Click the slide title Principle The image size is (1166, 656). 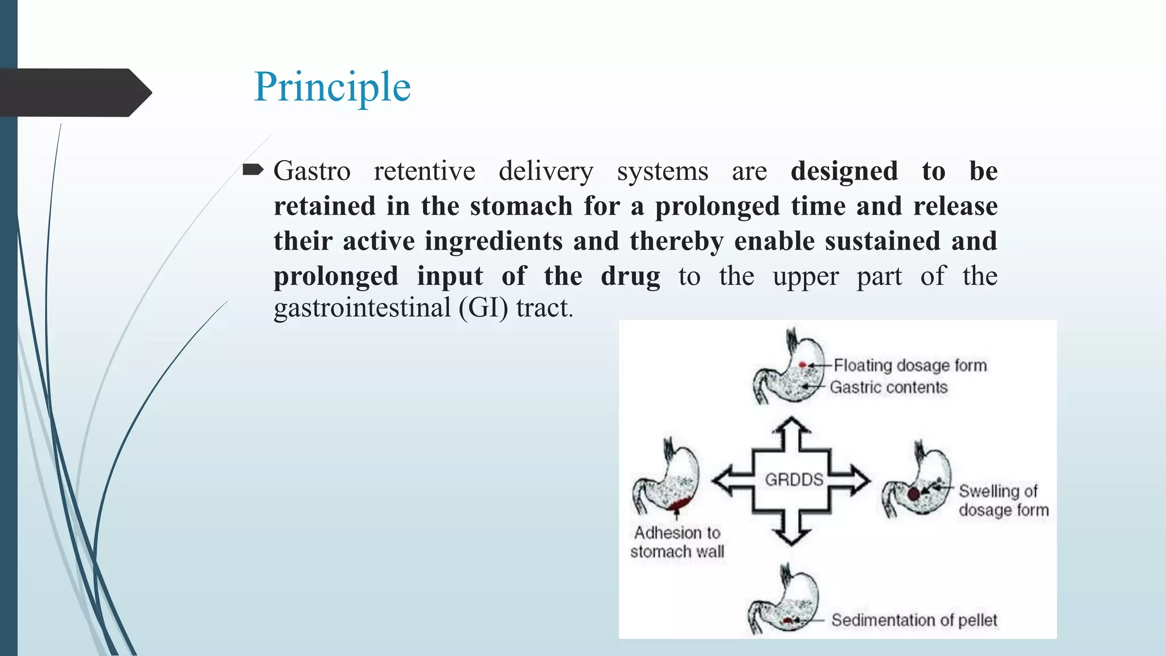click(x=332, y=87)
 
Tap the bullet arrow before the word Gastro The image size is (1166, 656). click(x=253, y=170)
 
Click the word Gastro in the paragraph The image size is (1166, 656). click(x=311, y=171)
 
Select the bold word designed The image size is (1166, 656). click(x=844, y=171)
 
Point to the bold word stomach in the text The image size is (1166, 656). click(x=521, y=206)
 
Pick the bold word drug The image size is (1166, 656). click(x=630, y=276)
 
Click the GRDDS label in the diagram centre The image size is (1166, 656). click(x=794, y=479)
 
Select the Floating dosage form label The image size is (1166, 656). click(x=910, y=365)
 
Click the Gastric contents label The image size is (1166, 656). click(x=888, y=387)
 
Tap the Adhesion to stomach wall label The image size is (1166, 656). click(x=677, y=542)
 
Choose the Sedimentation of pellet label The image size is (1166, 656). click(x=914, y=620)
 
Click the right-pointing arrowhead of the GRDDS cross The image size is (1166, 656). click(x=859, y=480)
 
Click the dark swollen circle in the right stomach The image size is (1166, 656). click(x=913, y=494)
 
